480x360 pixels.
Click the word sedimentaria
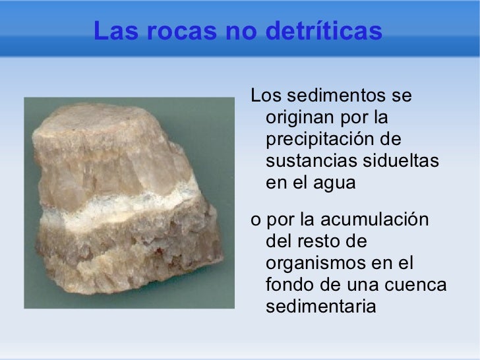[x=320, y=307]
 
